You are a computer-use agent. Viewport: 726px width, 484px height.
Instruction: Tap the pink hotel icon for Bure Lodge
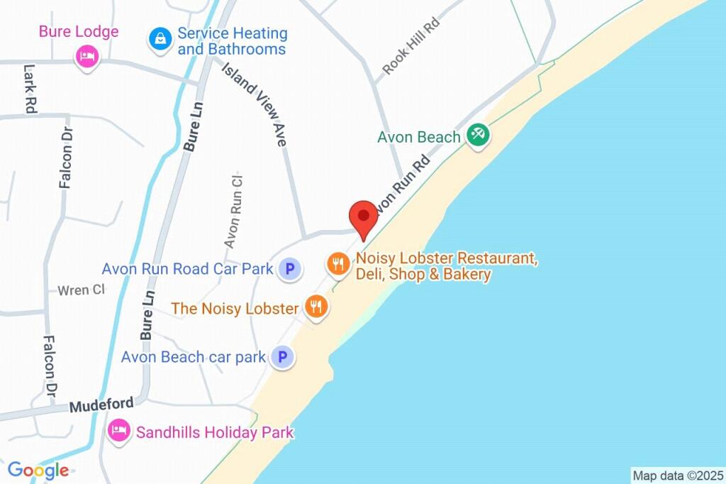pyautogui.click(x=86, y=56)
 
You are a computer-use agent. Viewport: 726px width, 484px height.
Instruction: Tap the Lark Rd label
pyautogui.click(x=30, y=89)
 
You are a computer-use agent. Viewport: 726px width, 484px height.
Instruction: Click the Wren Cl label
pyautogui.click(x=81, y=290)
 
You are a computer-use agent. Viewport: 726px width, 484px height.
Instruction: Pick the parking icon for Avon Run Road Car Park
pyautogui.click(x=288, y=269)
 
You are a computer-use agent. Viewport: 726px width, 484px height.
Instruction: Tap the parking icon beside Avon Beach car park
pyautogui.click(x=282, y=357)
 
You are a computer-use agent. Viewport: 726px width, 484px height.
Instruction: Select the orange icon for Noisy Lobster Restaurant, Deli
pyautogui.click(x=337, y=265)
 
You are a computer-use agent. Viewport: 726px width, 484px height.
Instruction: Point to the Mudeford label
pyautogui.click(x=101, y=405)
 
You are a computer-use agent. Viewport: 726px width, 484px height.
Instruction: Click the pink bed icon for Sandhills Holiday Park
pyautogui.click(x=118, y=431)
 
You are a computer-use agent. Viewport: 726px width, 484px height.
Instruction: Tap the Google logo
pyautogui.click(x=38, y=470)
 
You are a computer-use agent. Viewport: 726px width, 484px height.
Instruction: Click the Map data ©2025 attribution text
pyautogui.click(x=677, y=475)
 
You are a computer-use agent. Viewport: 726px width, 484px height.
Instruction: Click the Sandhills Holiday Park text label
pyautogui.click(x=215, y=431)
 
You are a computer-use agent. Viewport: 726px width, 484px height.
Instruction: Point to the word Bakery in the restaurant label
pyautogui.click(x=467, y=275)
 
